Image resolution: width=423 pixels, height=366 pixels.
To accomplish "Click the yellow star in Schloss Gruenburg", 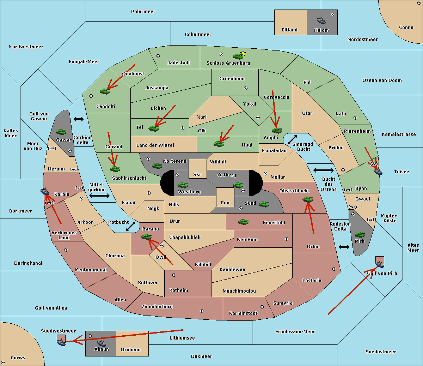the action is pyautogui.click(x=243, y=53).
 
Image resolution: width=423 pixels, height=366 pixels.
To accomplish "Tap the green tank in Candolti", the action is pyautogui.click(x=105, y=91).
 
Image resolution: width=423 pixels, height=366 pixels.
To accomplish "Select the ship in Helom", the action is pyautogui.click(x=321, y=20).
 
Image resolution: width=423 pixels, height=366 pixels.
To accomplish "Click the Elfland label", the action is pyautogui.click(x=289, y=30).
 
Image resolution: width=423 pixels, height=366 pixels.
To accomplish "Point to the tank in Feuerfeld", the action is pyautogui.click(x=243, y=222).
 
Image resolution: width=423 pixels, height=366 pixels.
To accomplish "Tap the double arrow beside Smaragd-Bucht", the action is pyautogui.click(x=292, y=139).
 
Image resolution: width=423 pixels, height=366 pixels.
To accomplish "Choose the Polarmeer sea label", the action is pyautogui.click(x=143, y=12).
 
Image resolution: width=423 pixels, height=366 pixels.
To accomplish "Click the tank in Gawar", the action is pyautogui.click(x=61, y=132).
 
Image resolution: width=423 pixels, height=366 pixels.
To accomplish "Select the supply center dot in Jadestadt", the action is pyautogui.click(x=158, y=56).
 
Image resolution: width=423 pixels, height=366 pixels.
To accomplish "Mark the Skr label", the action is pyautogui.click(x=197, y=174).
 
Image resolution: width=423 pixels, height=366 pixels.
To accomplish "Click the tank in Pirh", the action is pyautogui.click(x=360, y=234).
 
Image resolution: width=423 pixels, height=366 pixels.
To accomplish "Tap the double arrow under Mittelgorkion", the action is pyautogui.click(x=99, y=196).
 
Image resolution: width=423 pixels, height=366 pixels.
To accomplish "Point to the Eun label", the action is pyautogui.click(x=225, y=203).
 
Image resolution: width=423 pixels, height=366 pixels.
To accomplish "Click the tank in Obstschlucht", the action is pyautogui.click(x=308, y=199).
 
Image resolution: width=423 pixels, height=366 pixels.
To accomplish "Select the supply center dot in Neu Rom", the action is pyautogui.click(x=287, y=239).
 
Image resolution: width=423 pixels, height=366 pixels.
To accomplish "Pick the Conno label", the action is pyautogui.click(x=406, y=28).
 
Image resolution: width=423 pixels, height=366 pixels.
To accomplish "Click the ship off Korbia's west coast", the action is pyautogui.click(x=45, y=192).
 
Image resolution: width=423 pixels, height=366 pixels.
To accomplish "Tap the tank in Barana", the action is pyautogui.click(x=147, y=237).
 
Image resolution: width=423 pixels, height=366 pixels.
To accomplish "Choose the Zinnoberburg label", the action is pyautogui.click(x=157, y=307).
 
